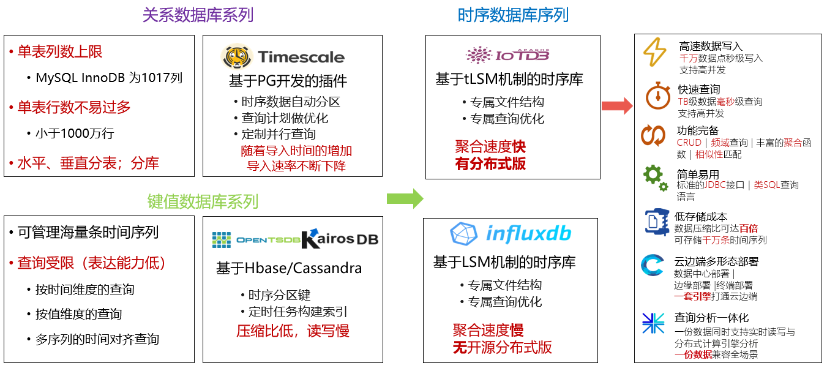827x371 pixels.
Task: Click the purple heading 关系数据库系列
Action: (197, 15)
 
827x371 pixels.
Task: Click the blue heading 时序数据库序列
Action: (513, 15)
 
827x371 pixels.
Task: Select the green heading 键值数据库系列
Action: (203, 201)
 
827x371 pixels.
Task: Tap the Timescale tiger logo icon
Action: (236, 57)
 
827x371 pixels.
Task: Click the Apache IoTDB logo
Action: (507, 55)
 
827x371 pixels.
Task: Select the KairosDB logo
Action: (340, 238)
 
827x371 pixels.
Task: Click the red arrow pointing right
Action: (616, 106)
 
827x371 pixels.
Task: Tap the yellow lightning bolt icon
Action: (654, 53)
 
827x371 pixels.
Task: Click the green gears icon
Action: (655, 178)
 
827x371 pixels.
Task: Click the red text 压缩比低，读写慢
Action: (293, 331)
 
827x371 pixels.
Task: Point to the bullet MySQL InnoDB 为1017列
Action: (108, 78)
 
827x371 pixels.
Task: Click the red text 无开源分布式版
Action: (502, 348)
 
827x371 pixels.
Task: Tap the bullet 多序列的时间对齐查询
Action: (97, 339)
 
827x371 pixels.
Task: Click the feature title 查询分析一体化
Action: (711, 318)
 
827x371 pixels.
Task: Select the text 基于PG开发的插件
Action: (288, 81)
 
